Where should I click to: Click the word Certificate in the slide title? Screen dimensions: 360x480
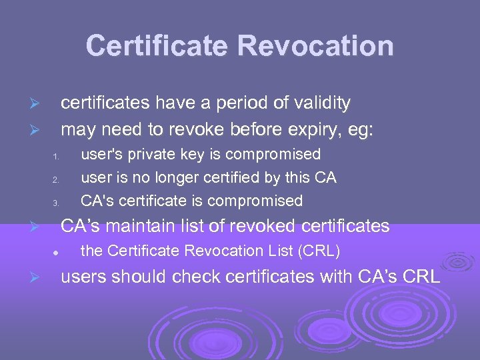pos(158,46)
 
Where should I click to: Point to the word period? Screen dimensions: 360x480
pos(239,103)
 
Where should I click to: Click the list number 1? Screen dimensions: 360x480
pos(57,157)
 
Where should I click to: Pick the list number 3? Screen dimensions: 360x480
pos(57,203)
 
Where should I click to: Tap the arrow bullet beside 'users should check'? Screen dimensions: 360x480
pos(39,278)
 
